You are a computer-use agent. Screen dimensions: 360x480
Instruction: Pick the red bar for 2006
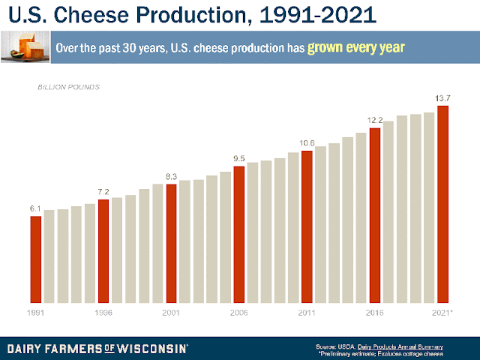(238, 234)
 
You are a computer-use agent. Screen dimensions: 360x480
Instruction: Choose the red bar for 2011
(306, 226)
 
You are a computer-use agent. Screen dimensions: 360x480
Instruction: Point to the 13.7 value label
(443, 98)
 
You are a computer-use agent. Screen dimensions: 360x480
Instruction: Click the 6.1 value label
(36, 208)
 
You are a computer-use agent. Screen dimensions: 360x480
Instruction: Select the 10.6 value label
(306, 143)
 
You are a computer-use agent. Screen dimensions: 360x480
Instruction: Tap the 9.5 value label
(238, 159)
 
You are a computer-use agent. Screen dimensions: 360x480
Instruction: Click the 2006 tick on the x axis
(238, 312)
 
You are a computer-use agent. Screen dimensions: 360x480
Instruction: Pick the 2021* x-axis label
(443, 312)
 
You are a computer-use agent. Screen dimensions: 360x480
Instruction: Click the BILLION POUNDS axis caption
(69, 88)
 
